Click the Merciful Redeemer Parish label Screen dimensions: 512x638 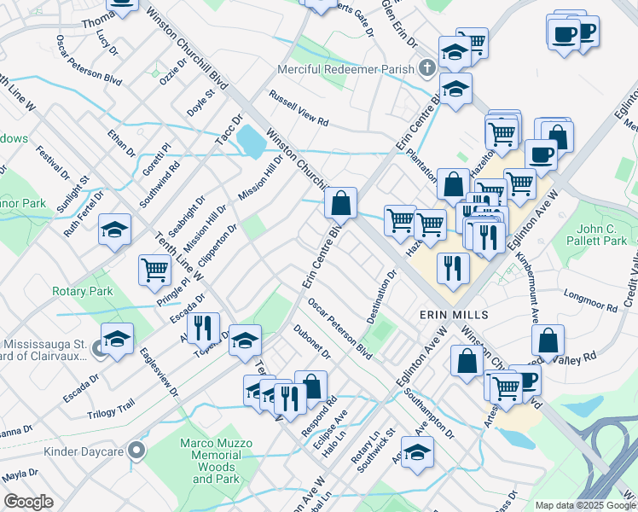[x=347, y=69]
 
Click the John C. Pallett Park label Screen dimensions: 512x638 [x=601, y=235]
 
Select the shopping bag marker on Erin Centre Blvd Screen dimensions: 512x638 [x=340, y=203]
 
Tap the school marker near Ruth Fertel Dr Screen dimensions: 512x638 [x=114, y=230]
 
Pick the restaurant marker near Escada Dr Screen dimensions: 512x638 [x=203, y=328]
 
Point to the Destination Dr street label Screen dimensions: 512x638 [x=382, y=298]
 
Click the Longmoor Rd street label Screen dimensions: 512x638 [x=591, y=300]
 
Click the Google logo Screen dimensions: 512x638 [x=28, y=502]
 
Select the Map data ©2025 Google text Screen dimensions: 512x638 [x=585, y=505]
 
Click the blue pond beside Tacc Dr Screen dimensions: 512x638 [x=250, y=141]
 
